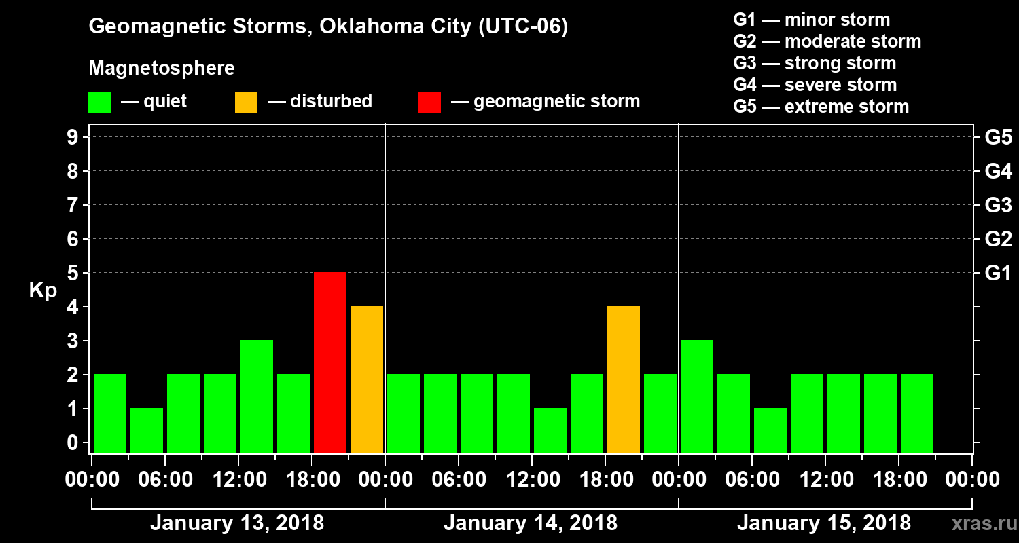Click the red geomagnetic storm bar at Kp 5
[x=330, y=362]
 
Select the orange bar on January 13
[x=367, y=379]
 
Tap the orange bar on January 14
[x=624, y=379]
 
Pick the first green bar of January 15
[x=697, y=396]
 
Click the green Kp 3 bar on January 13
[x=257, y=396]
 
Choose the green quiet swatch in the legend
[x=100, y=102]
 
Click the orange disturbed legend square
[x=247, y=102]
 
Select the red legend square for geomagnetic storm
[x=430, y=102]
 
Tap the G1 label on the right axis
[x=998, y=273]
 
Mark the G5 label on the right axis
[x=998, y=137]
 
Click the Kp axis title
[x=43, y=291]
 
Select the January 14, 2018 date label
[x=531, y=523]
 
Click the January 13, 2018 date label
[x=237, y=523]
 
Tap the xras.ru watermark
[x=979, y=523]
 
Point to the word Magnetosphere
[x=162, y=69]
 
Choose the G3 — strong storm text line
[x=815, y=63]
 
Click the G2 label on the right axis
[x=998, y=239]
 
